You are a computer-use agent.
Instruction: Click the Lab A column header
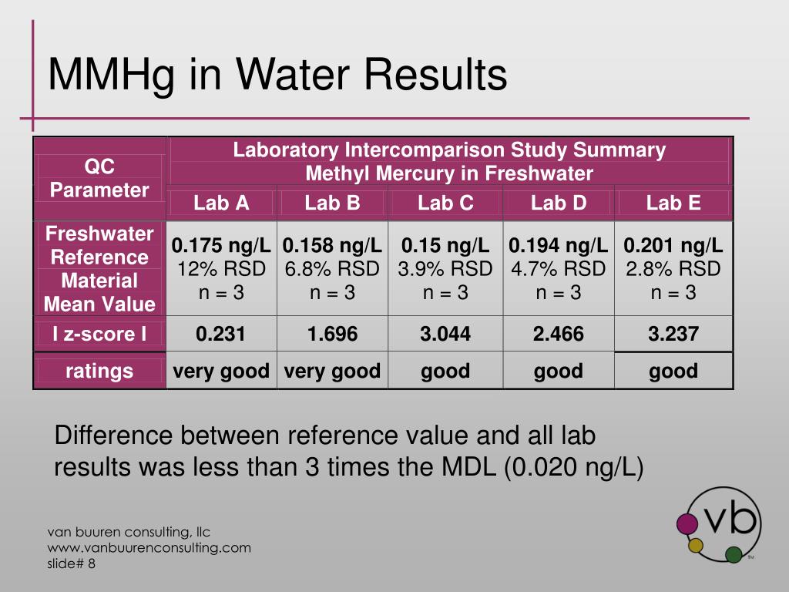[x=221, y=203]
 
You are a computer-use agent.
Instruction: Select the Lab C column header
[x=445, y=203]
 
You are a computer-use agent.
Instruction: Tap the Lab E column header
[x=673, y=203]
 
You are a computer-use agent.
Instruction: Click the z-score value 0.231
[x=220, y=334]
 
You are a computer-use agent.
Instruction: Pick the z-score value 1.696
[x=333, y=334]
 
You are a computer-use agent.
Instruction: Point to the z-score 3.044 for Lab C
[x=445, y=334]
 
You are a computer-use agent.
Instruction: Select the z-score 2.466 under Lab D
[x=559, y=334]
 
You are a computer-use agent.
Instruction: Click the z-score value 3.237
[x=673, y=334]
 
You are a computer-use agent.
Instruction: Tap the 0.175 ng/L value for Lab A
[x=221, y=246]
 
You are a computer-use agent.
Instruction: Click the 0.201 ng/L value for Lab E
[x=673, y=246]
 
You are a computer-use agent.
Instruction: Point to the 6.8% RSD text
[x=332, y=269]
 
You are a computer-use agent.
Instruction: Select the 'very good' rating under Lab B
[x=332, y=371]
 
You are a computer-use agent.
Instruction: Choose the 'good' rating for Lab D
[x=559, y=372]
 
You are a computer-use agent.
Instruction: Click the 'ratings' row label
[x=99, y=371]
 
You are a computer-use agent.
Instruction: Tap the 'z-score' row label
[x=99, y=334]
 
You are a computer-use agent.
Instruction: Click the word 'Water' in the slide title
[x=293, y=74]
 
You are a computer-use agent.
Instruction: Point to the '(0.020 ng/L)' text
[x=573, y=467]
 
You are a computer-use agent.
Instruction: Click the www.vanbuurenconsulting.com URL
[x=149, y=548]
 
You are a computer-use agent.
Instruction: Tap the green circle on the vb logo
[x=734, y=554]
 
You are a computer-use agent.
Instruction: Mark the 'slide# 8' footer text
[x=71, y=563]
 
